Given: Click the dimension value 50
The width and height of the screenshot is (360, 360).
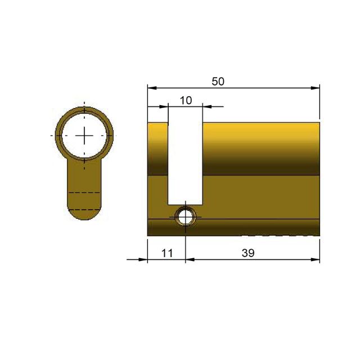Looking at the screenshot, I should [218, 81].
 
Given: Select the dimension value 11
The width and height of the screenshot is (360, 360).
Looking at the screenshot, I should [166, 253].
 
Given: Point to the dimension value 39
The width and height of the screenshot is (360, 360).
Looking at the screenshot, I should [248, 253].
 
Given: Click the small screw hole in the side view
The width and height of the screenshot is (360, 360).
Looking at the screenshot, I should [185, 216].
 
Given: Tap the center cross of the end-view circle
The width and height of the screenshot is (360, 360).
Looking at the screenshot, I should [84, 136].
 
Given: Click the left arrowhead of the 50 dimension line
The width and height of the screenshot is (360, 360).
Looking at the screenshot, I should [151, 88].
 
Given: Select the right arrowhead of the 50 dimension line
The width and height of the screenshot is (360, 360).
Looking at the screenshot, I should [316, 88].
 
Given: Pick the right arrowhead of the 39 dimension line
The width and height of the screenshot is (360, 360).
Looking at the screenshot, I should [316, 260].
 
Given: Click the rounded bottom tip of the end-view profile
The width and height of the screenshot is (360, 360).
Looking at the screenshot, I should [84, 218].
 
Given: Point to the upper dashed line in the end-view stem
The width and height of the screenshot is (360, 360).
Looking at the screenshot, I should [84, 193].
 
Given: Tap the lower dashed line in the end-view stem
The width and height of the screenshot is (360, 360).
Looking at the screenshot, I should [84, 209].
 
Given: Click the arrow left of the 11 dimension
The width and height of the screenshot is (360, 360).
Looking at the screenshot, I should [135, 260].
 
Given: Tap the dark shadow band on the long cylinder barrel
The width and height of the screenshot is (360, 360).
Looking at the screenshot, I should [259, 166].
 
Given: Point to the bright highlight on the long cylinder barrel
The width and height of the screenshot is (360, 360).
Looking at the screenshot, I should [259, 130].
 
